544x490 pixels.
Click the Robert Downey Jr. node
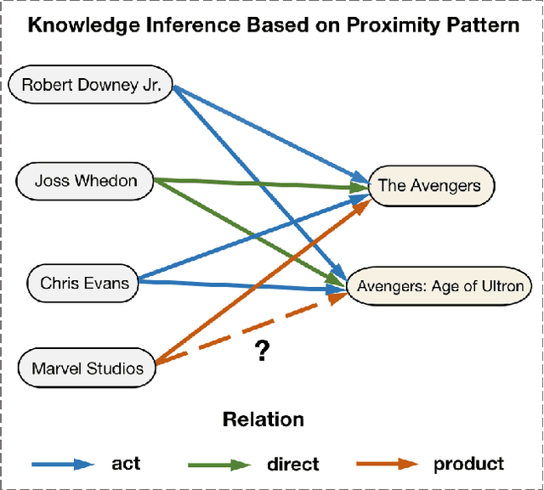[90, 85]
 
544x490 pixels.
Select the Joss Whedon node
[86, 181]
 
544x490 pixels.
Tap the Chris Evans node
[84, 282]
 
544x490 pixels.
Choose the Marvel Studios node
[88, 369]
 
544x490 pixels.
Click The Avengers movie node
[429, 185]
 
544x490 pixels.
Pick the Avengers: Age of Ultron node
[440, 286]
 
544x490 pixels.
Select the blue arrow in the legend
[64, 464]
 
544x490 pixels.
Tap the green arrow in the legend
[219, 464]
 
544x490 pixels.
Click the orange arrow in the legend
[386, 464]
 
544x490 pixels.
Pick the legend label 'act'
[126, 464]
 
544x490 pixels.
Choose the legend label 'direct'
[292, 464]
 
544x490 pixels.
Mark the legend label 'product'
[468, 464]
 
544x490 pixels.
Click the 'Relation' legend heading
[263, 419]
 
